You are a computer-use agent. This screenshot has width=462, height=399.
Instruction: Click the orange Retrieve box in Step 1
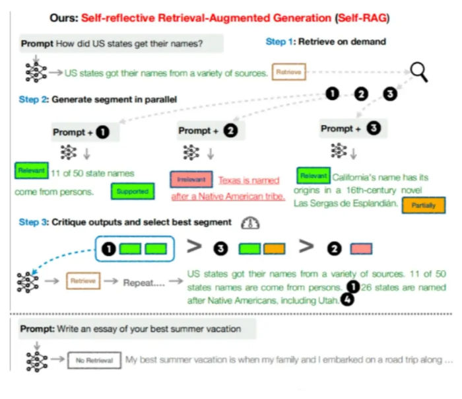click(x=288, y=72)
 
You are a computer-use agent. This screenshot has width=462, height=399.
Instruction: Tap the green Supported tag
click(x=132, y=192)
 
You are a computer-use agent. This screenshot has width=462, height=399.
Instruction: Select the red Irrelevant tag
click(x=191, y=180)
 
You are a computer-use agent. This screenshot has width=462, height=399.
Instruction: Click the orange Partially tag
click(x=422, y=205)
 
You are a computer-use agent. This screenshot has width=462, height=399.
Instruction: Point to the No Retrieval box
click(x=93, y=361)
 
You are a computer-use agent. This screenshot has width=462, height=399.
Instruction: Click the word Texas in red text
click(x=230, y=180)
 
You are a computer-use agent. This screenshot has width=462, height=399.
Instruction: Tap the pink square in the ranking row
click(x=361, y=249)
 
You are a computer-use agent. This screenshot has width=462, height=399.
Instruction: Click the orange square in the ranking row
click(x=274, y=249)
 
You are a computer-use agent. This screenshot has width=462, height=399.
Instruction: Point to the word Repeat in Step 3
click(x=138, y=282)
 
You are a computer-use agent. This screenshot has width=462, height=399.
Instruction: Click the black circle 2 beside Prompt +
click(x=230, y=131)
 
